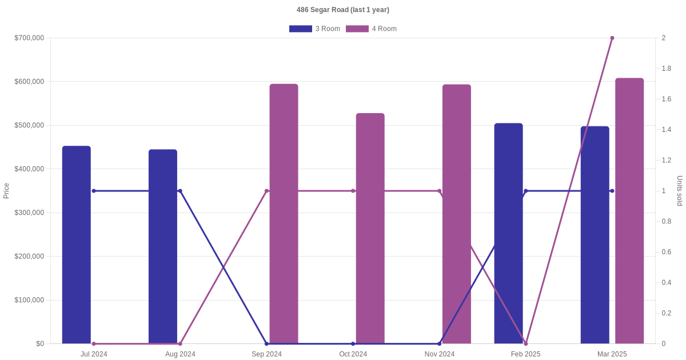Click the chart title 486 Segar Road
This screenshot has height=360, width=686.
[x=342, y=10]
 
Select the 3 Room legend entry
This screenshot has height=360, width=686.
[x=314, y=29]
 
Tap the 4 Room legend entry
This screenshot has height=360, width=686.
[x=371, y=29]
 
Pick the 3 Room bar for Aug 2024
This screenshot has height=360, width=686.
[x=163, y=246]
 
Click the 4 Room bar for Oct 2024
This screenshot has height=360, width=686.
[x=370, y=229]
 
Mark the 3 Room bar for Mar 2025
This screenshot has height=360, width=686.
[x=595, y=235]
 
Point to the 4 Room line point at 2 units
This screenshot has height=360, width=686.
[x=612, y=38]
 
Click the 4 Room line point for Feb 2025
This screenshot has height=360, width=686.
[x=526, y=343]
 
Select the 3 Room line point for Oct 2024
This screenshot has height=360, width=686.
[x=353, y=343]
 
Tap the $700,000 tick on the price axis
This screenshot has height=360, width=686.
[x=29, y=38]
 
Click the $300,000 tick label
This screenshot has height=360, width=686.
[x=29, y=213]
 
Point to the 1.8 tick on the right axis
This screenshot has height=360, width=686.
[x=667, y=69]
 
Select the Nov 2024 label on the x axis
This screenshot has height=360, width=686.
[x=440, y=354]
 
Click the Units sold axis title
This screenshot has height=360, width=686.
[x=680, y=191]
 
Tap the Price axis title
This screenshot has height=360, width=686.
[x=6, y=191]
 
